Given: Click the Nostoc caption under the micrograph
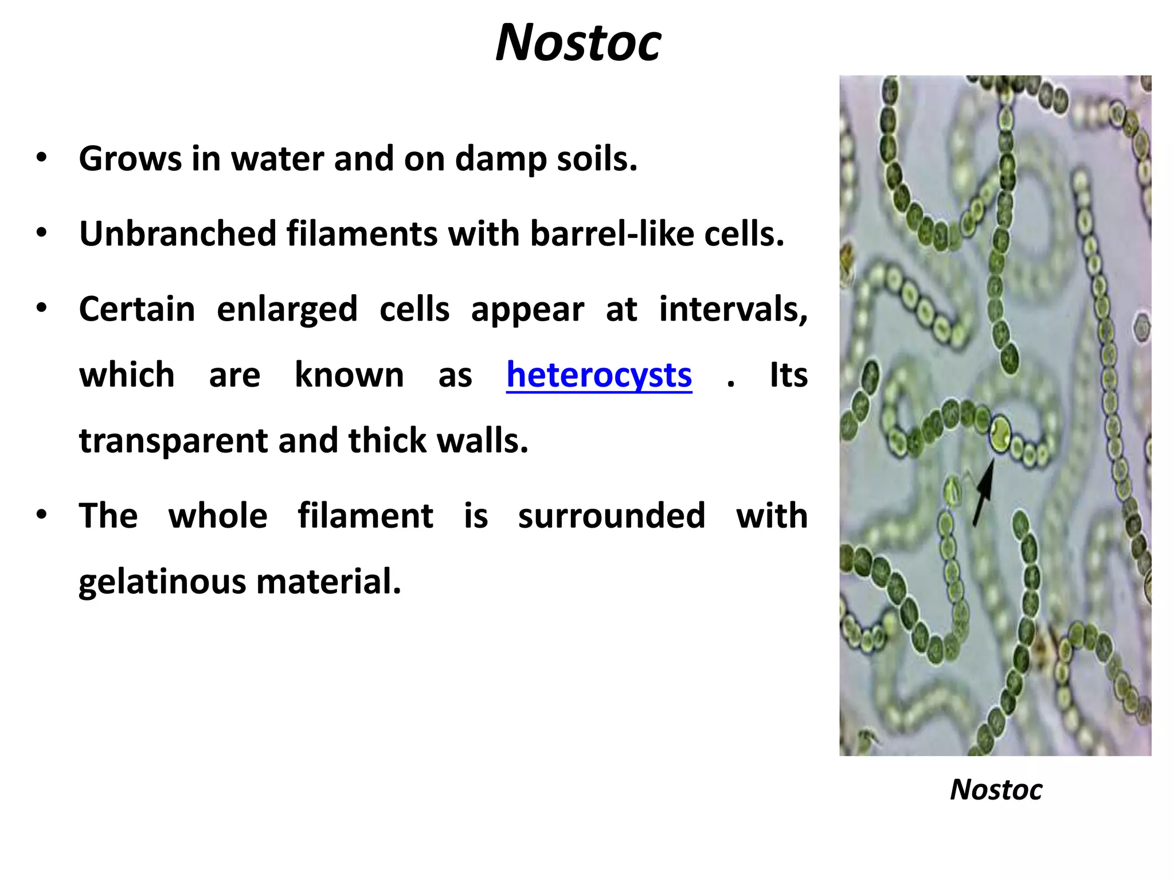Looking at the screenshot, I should (996, 790).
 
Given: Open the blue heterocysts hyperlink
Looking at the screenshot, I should (599, 375).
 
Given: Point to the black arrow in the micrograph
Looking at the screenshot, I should (984, 493).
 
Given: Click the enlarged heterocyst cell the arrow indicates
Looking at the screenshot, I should (1000, 434).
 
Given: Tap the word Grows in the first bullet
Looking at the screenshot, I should (130, 159).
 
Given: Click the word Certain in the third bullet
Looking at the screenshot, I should (137, 310).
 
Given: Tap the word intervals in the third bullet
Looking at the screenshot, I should (733, 310).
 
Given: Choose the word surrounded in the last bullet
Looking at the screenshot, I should (612, 516).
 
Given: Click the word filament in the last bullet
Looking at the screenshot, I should (365, 516).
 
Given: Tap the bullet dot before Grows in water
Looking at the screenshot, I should (41, 158).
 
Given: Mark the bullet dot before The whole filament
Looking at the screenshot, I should (41, 514).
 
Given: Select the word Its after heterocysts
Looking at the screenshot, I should (788, 375).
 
